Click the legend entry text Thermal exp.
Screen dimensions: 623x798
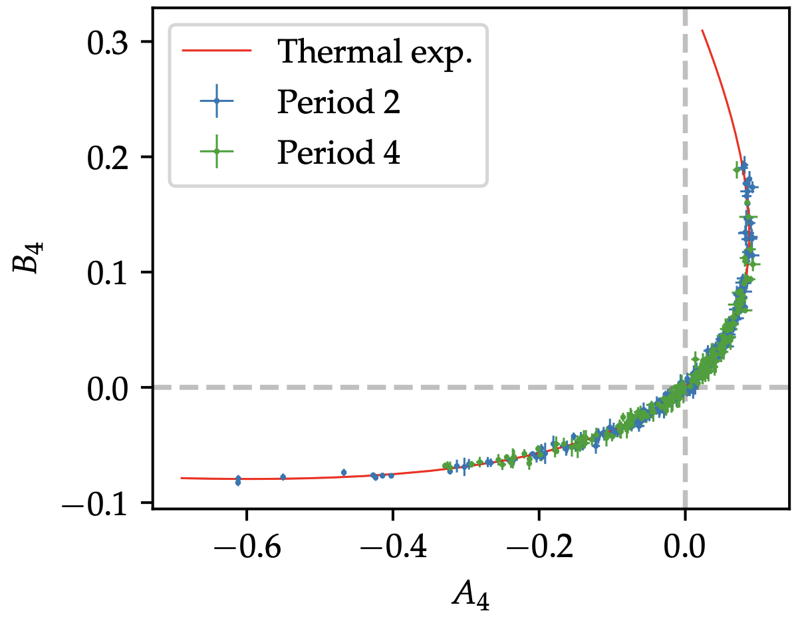(376, 51)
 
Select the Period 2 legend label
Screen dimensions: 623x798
(339, 103)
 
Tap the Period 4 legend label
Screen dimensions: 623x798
(339, 153)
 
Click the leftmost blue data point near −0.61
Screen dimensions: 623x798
(238, 480)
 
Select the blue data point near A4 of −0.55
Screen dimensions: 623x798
(283, 477)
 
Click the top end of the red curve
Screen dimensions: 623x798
(702, 30)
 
